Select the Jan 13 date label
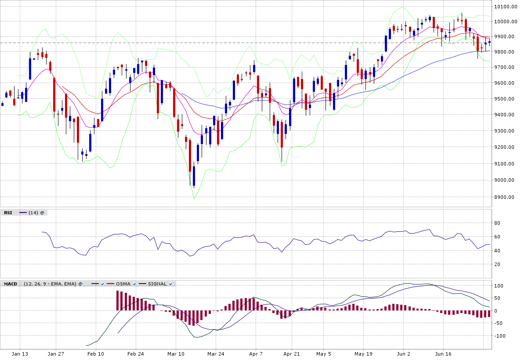tap(20, 353)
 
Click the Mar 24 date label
tap(215, 353)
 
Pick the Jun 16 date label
tap(443, 353)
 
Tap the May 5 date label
tap(323, 353)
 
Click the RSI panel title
tap(8, 212)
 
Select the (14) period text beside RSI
tap(33, 212)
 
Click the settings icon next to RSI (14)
tap(42, 212)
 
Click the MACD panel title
tap(11, 284)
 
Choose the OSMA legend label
tap(123, 284)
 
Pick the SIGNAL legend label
tap(157, 284)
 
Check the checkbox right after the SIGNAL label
tap(170, 284)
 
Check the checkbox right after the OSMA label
tap(134, 284)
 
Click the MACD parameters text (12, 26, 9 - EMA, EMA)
tap(50, 284)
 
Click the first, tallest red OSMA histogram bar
tap(118, 300)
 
